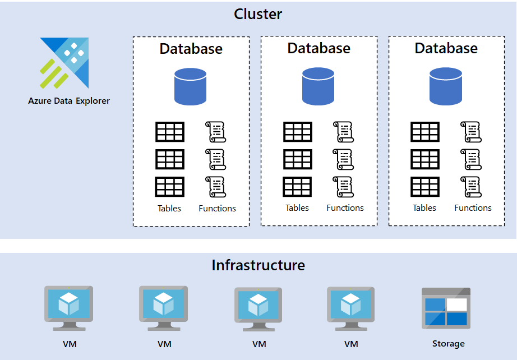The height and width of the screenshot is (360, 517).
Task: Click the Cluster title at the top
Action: click(x=258, y=14)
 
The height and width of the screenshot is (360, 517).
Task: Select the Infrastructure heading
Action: click(x=258, y=265)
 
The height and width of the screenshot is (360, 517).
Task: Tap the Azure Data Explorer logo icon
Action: click(x=64, y=63)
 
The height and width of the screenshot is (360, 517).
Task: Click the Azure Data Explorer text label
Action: click(x=69, y=101)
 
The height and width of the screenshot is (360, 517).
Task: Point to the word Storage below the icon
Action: click(x=448, y=344)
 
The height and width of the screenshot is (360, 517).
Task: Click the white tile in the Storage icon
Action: click(x=456, y=304)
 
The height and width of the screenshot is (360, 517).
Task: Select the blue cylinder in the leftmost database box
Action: click(x=191, y=86)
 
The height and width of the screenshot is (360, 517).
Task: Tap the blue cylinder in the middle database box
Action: click(x=318, y=86)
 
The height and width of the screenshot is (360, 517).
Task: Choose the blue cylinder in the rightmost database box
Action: click(x=446, y=86)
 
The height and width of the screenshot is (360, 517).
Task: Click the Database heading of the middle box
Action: click(x=318, y=48)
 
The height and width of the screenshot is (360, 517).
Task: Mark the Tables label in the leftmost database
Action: click(x=169, y=208)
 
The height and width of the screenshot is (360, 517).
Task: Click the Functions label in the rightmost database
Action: click(x=473, y=207)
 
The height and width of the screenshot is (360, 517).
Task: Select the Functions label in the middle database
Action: click(x=345, y=207)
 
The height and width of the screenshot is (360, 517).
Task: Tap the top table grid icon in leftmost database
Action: click(x=170, y=132)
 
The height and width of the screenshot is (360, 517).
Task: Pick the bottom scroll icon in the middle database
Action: click(x=343, y=187)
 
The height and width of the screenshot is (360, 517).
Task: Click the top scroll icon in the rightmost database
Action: click(x=471, y=132)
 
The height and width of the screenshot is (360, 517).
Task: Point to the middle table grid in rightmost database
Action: click(x=425, y=159)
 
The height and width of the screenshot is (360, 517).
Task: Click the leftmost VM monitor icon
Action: click(x=68, y=308)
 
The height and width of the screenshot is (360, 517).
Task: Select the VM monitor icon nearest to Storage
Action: click(x=351, y=308)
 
